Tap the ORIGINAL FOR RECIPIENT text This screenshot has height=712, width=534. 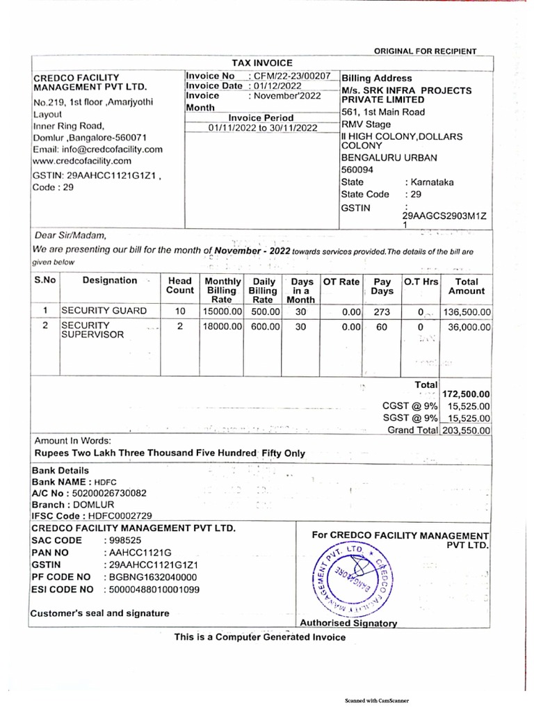point(426,51)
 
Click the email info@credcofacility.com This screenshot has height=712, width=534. point(98,149)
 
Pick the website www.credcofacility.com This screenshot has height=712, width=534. point(82,161)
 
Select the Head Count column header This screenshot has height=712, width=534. point(180,285)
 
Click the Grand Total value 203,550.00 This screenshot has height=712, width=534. point(466,430)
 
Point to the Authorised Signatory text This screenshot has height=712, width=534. point(348,624)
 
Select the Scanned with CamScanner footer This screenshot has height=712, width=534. point(378,701)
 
